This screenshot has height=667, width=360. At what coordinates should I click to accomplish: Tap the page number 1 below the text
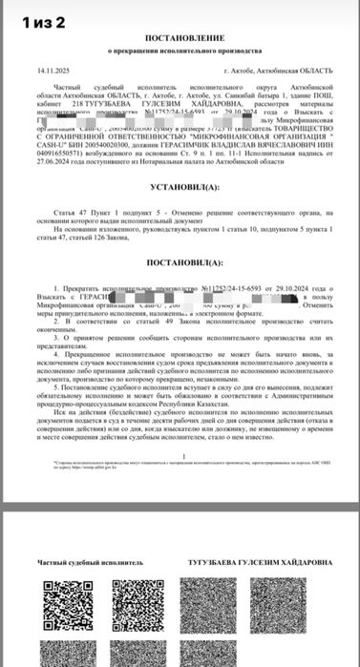[180, 453]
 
